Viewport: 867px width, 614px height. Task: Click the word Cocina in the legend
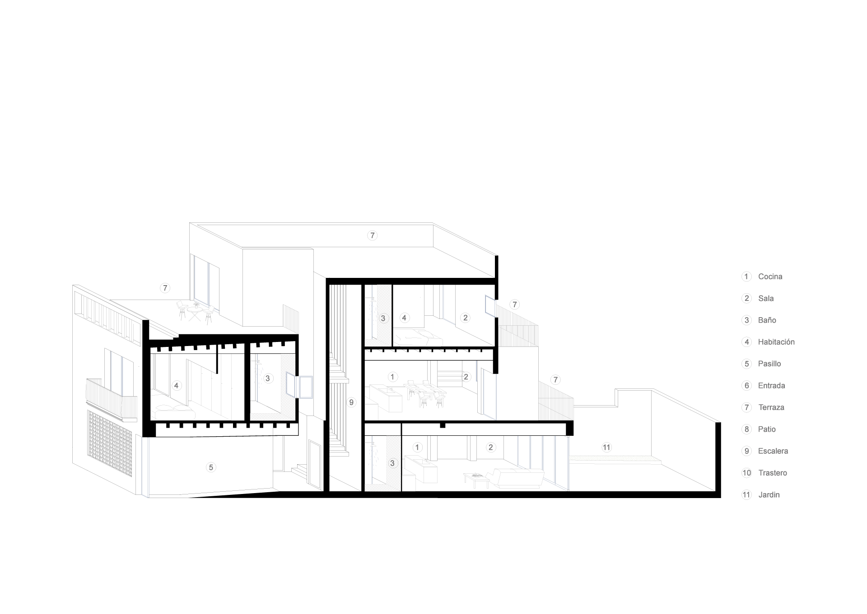click(x=770, y=277)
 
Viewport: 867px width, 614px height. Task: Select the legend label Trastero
click(x=773, y=473)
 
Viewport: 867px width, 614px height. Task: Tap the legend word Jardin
click(x=769, y=494)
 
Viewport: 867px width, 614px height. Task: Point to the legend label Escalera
click(x=773, y=451)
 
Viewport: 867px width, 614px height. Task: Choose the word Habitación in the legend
click(x=776, y=342)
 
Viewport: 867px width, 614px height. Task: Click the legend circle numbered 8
click(x=746, y=429)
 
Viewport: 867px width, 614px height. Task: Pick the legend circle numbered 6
click(x=746, y=385)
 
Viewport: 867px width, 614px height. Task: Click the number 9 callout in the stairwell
click(x=352, y=402)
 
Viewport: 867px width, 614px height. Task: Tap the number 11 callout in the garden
click(x=606, y=448)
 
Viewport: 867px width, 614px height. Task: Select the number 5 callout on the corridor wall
click(x=211, y=467)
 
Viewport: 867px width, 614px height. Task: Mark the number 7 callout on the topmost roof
click(x=372, y=235)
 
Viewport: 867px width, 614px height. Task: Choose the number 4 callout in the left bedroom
click(x=176, y=385)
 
